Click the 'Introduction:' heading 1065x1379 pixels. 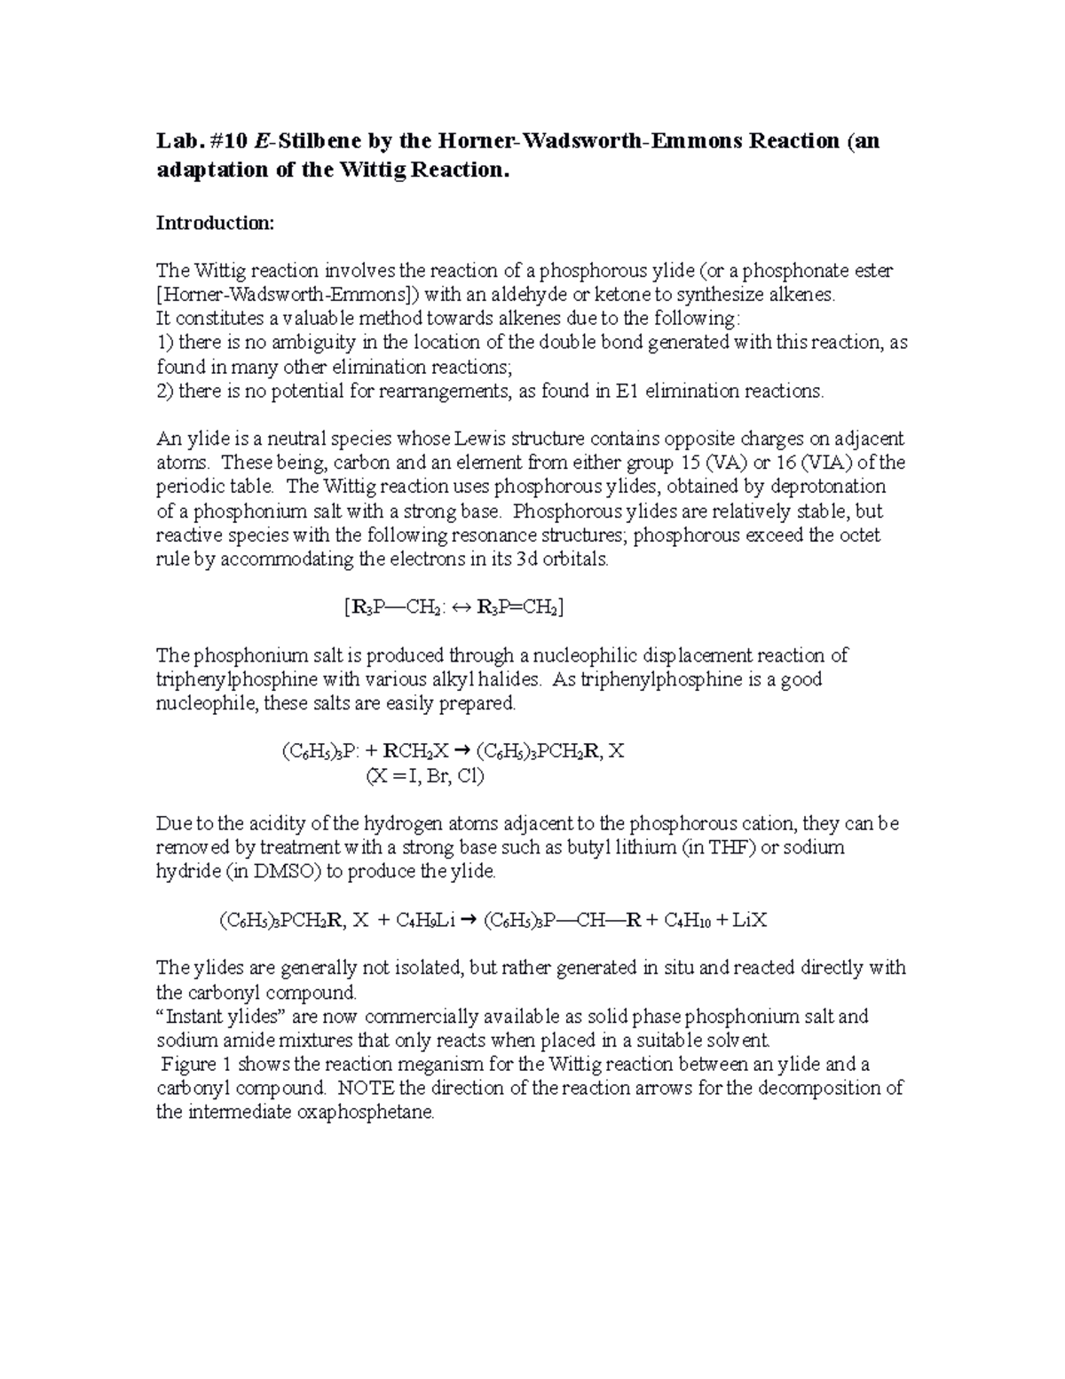216,223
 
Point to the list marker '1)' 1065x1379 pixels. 165,343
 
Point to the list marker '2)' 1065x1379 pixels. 165,391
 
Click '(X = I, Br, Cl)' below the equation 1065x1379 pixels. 425,776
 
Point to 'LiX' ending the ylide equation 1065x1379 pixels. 746,921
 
